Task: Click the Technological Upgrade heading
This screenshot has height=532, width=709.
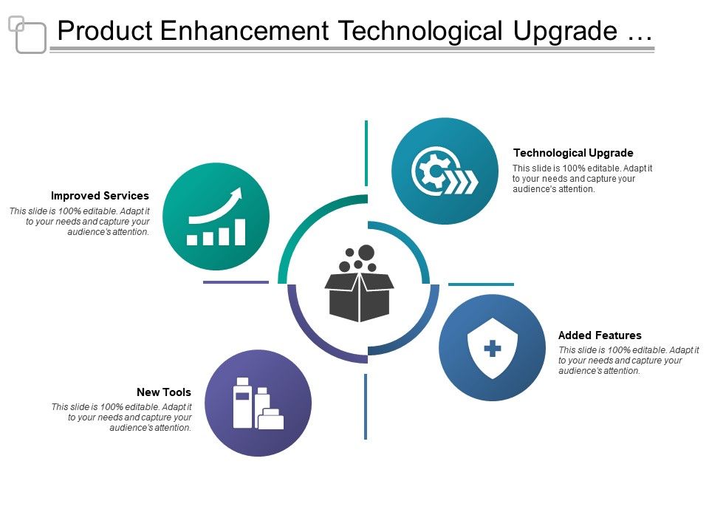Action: (x=573, y=153)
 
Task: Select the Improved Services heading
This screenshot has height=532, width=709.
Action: (x=100, y=196)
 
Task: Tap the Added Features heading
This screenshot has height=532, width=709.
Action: (x=600, y=335)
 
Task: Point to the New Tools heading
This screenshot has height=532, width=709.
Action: (x=163, y=392)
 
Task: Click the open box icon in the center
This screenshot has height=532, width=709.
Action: (x=359, y=296)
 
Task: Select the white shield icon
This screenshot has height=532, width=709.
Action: (x=493, y=348)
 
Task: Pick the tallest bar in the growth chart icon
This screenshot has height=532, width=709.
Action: (x=239, y=231)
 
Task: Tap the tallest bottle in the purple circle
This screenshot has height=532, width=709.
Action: (x=242, y=403)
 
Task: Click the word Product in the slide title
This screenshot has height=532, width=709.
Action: (x=105, y=31)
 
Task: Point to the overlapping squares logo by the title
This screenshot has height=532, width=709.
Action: (x=27, y=34)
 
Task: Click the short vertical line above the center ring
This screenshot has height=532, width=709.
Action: (x=366, y=153)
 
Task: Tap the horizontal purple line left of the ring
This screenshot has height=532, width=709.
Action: (x=236, y=282)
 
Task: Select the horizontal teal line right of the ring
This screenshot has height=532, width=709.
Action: (x=481, y=284)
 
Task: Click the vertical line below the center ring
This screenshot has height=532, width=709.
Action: (x=366, y=406)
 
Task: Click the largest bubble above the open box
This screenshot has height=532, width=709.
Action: (x=366, y=253)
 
